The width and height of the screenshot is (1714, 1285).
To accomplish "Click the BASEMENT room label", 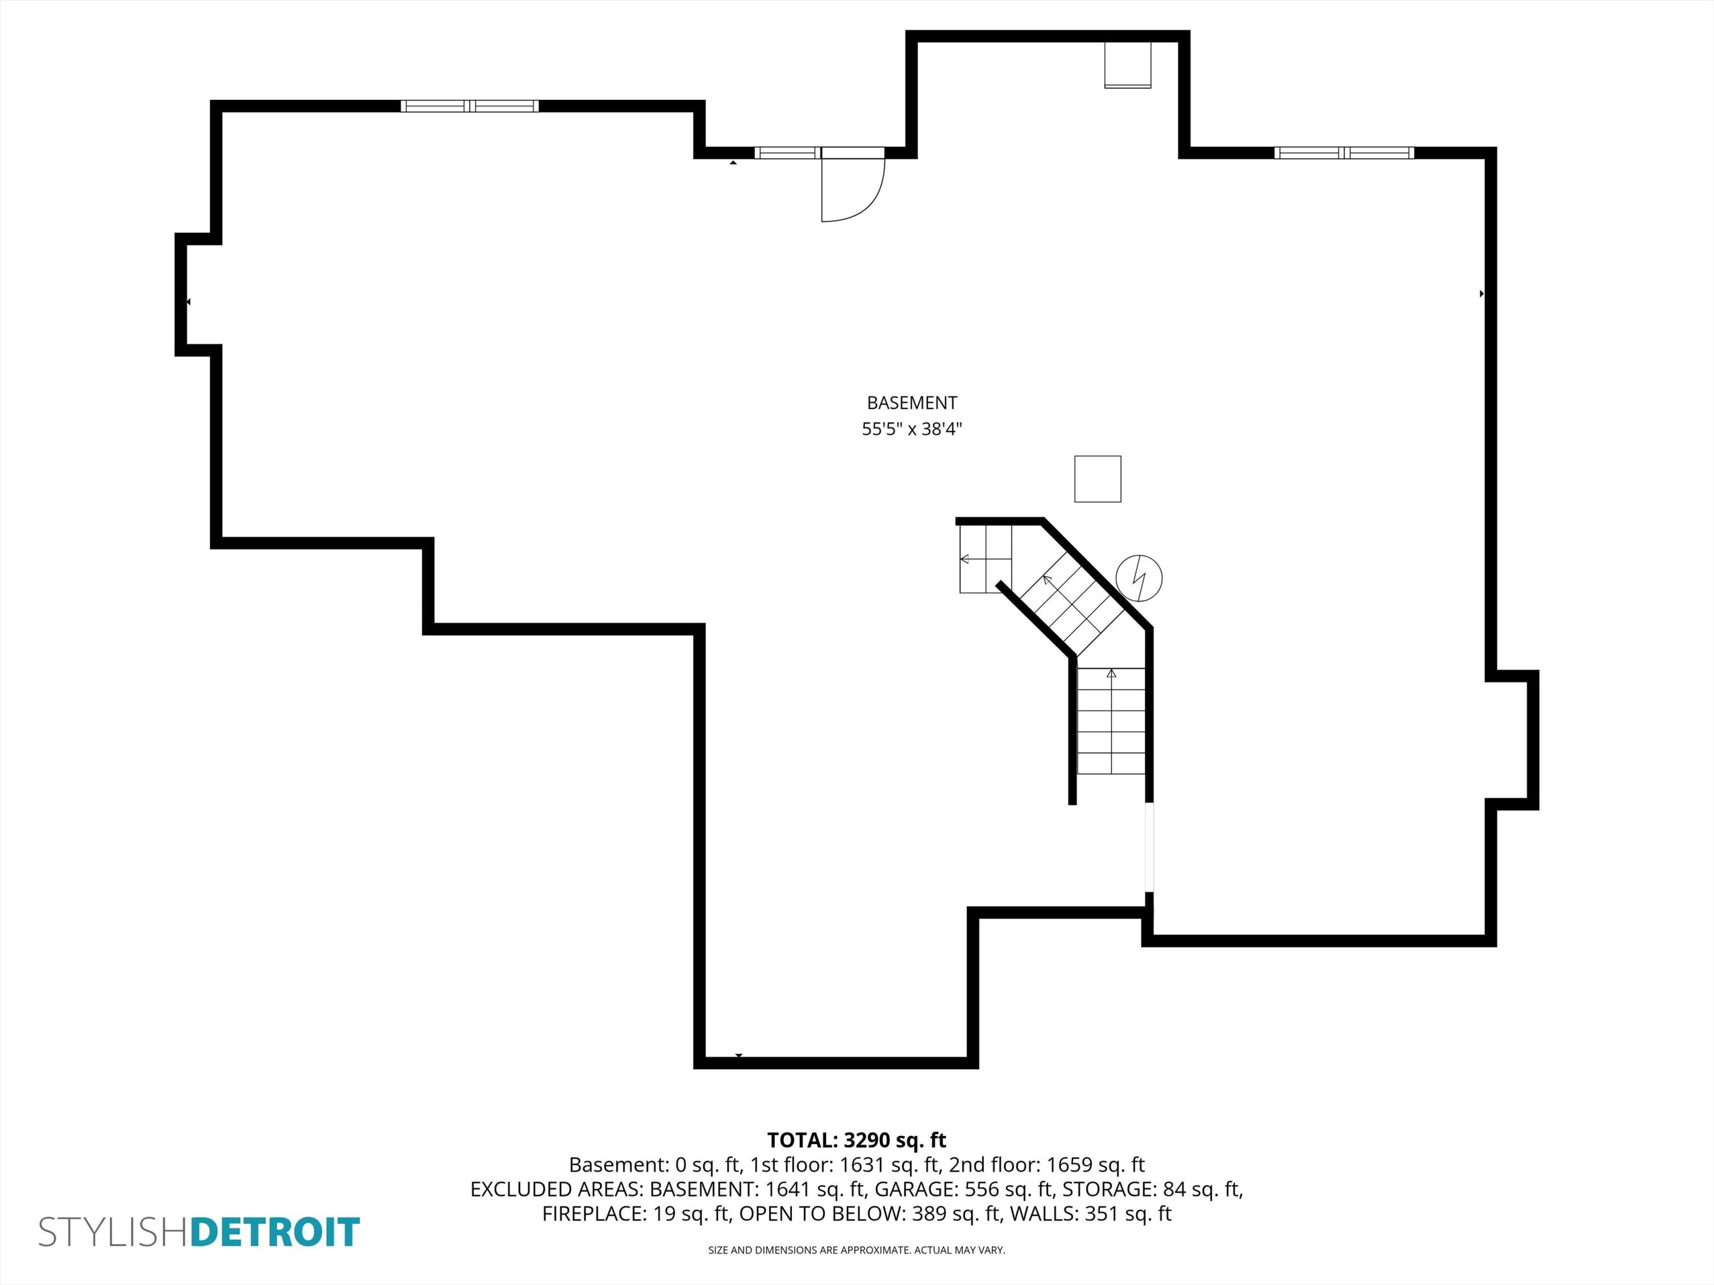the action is [911, 403].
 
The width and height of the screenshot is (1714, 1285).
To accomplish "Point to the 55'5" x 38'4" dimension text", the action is [911, 429].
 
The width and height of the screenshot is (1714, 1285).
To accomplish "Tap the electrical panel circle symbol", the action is [1138, 578].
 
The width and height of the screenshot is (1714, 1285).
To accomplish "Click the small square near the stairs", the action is [1097, 479].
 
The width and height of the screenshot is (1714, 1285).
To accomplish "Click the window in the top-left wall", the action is [470, 106].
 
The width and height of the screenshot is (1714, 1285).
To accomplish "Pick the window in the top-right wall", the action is [1344, 152].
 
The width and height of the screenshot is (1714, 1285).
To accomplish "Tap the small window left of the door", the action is [787, 152].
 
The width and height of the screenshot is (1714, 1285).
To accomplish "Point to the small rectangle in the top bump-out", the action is [1127, 65].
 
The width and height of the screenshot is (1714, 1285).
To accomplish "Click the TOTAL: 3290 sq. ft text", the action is [856, 1140].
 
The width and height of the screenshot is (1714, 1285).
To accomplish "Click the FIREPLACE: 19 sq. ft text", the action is [636, 1214].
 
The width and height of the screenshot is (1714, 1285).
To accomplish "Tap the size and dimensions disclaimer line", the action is [856, 1250].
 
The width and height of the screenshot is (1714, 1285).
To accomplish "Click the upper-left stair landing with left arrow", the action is [986, 559].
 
